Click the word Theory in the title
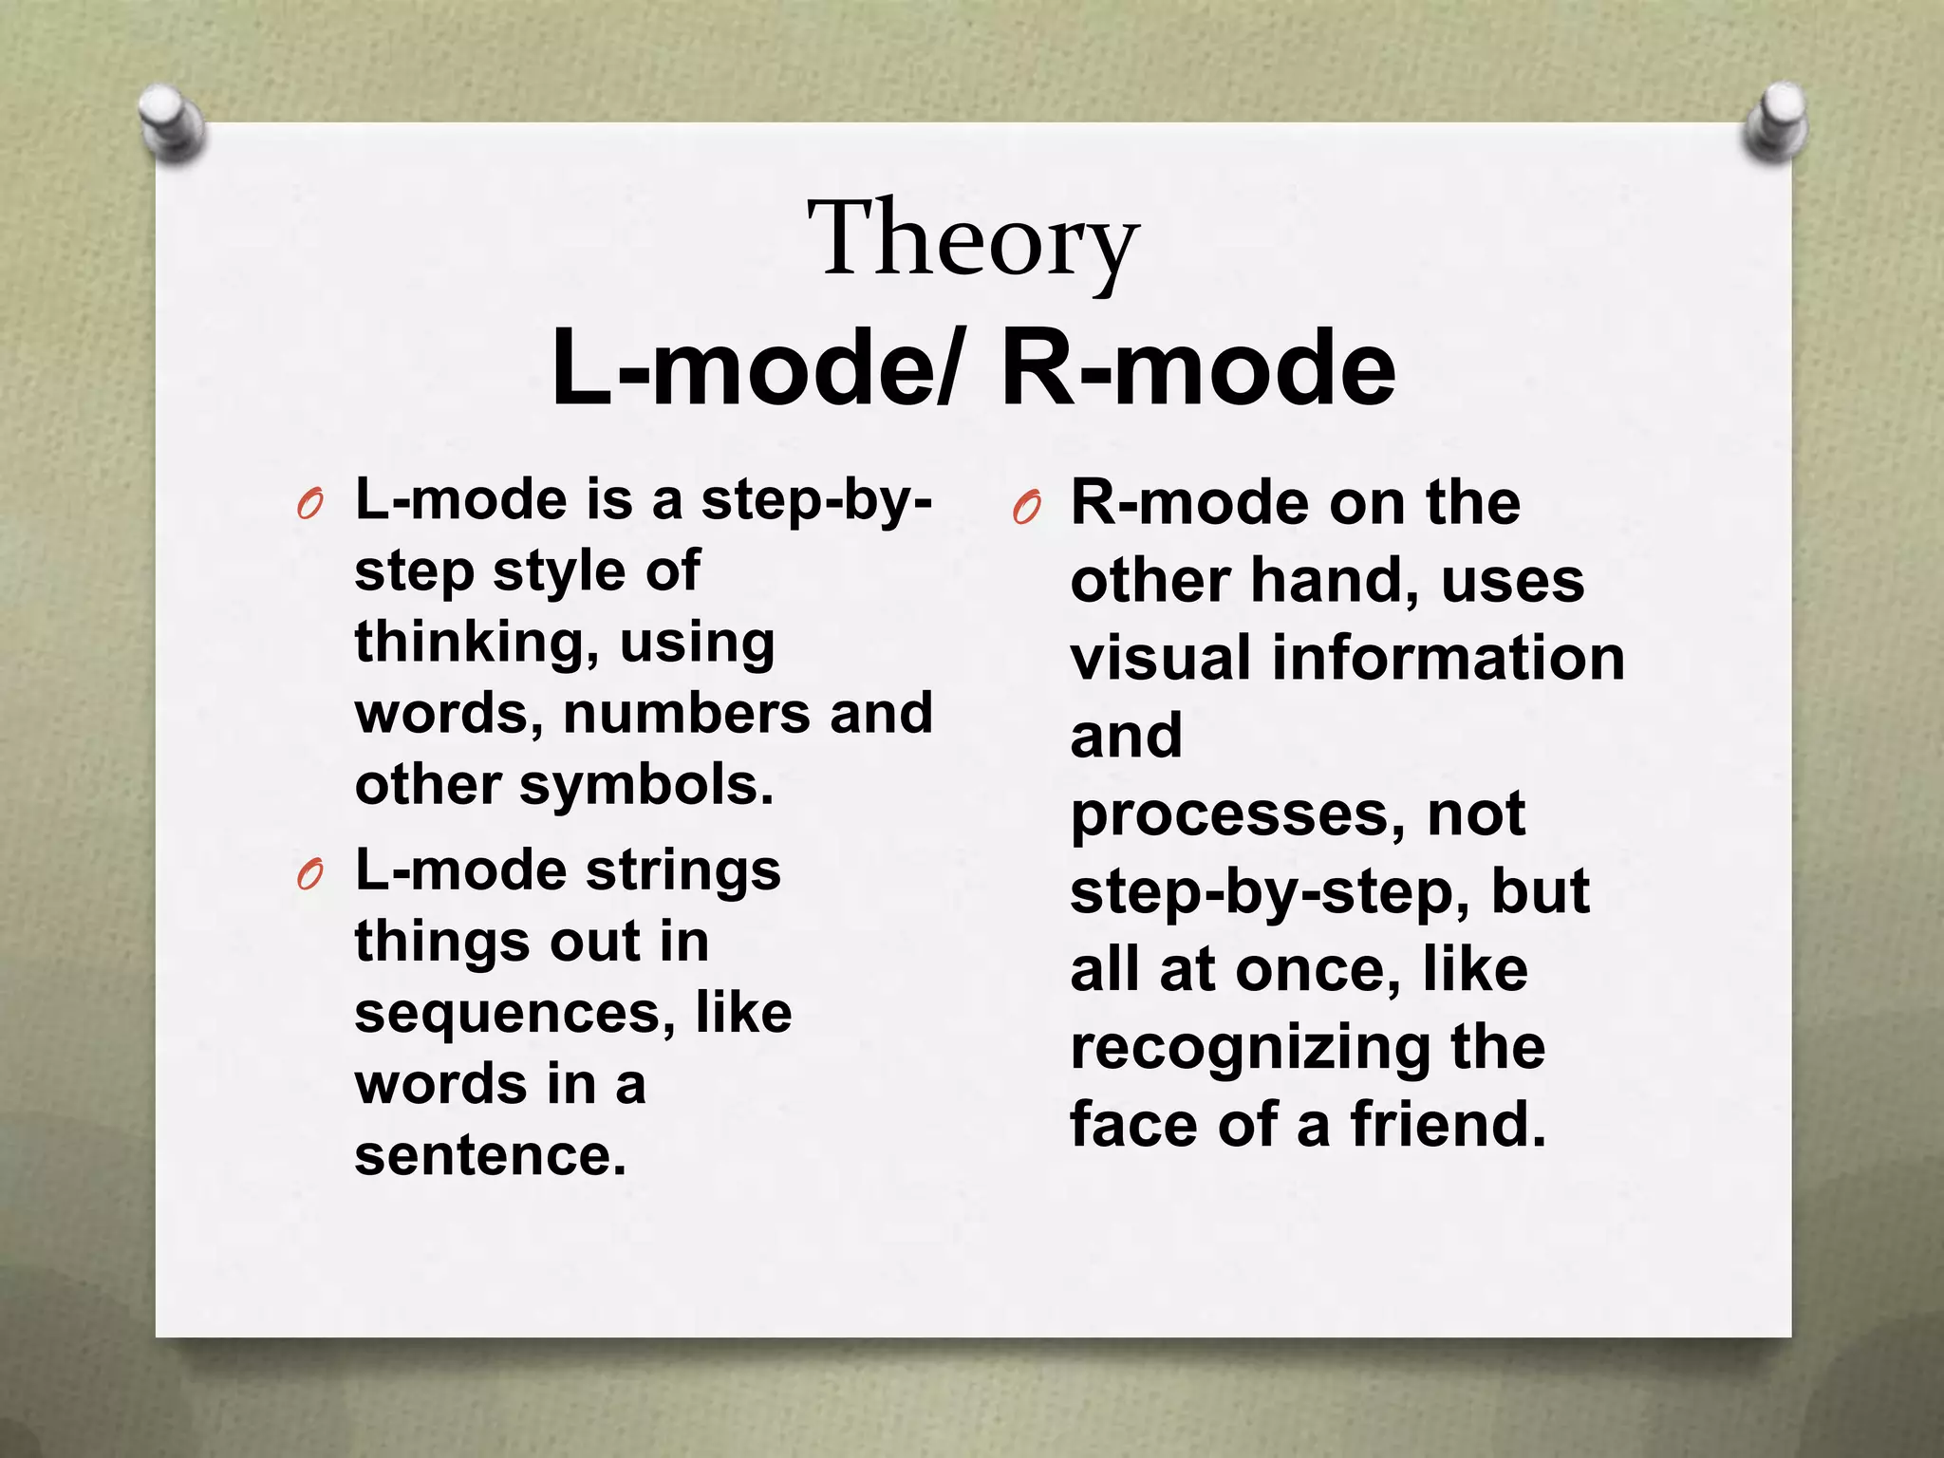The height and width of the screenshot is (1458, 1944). click(x=972, y=239)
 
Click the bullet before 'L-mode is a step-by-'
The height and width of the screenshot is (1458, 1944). click(x=309, y=505)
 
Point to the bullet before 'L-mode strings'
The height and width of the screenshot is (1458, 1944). click(x=309, y=874)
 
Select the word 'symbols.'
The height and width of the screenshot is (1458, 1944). click(x=646, y=786)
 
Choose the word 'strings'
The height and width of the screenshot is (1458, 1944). click(x=682, y=871)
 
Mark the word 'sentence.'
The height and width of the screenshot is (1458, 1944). click(x=491, y=1155)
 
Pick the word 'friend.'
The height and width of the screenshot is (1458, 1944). click(x=1449, y=1125)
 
